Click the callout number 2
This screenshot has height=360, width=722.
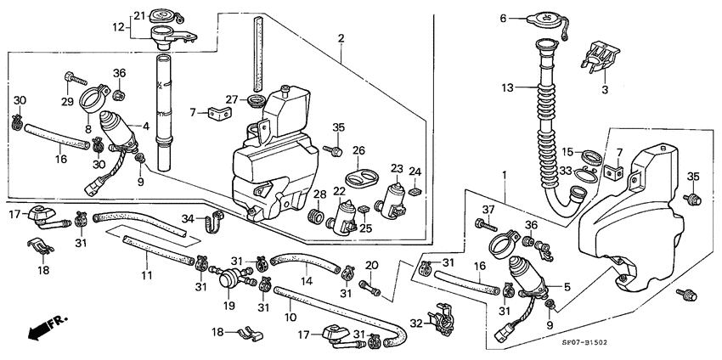[x=341, y=38]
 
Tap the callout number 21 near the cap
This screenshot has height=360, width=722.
[x=140, y=14]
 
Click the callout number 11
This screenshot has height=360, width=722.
[x=146, y=276]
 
